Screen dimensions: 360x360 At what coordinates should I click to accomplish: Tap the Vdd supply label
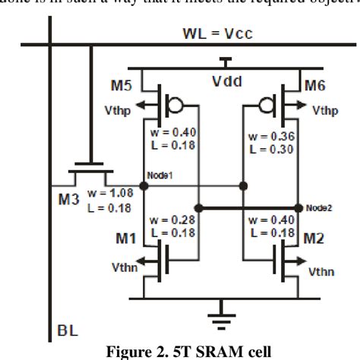click(223, 79)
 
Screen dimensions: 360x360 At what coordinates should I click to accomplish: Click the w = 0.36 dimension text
click(267, 137)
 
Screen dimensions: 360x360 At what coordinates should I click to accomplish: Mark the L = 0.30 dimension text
click(267, 150)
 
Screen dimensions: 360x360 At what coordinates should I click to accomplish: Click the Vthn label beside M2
click(324, 269)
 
